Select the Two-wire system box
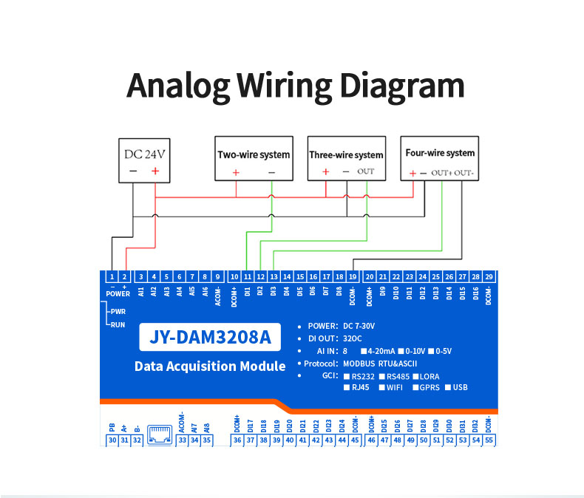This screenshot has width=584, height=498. pos(254,158)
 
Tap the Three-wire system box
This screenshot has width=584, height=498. pos(347,158)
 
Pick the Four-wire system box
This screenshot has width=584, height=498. pos(439,157)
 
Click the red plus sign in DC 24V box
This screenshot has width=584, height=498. pos(155,171)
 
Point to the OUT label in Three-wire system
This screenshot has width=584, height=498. pos(366,171)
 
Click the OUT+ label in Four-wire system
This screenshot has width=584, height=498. pos(441,173)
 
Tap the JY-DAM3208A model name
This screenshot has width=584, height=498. pos(211,338)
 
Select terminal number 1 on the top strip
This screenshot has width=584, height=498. pos(112,276)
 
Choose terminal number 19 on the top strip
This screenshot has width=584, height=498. pos(353,276)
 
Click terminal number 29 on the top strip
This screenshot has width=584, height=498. pos(489,276)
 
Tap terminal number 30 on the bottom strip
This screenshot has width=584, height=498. pos(112,440)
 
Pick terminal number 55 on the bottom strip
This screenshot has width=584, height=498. pos(489,440)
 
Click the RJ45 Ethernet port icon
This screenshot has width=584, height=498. pos(160,434)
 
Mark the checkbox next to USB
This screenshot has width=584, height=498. pos(447,387)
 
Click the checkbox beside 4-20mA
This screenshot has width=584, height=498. pos(363,350)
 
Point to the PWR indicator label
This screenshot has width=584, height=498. pos(118,311)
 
